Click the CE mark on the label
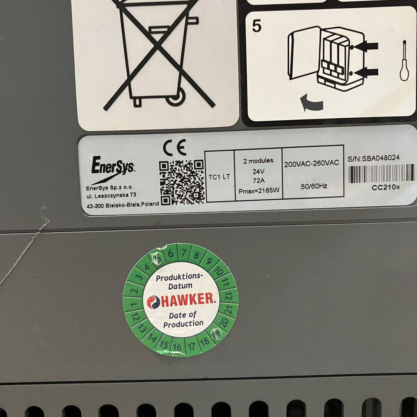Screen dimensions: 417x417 174,148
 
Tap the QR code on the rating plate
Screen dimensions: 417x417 182,182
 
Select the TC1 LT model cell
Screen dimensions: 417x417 219,177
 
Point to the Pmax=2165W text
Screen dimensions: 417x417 259,191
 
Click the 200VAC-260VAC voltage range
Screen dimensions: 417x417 311,163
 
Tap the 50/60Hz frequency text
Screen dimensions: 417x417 314,186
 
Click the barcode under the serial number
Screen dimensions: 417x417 381,173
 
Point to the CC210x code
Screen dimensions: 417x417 386,187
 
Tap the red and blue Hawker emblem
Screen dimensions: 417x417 153,302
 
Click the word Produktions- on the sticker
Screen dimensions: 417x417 179,278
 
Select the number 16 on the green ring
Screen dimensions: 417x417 177,347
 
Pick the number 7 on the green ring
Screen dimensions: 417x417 183,252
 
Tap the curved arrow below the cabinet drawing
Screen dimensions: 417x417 311,103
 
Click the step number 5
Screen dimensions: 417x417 257,26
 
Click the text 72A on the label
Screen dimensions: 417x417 258,181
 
